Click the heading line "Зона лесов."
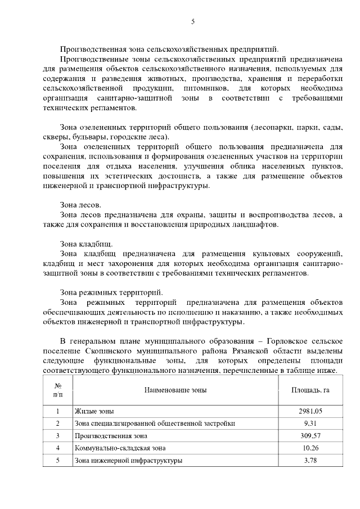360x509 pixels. click(x=80, y=205)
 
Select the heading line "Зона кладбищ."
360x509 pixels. click(x=86, y=244)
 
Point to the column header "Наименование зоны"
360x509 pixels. click(x=175, y=389)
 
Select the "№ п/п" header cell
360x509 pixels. click(x=58, y=389)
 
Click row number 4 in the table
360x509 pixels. click(x=58, y=448)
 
